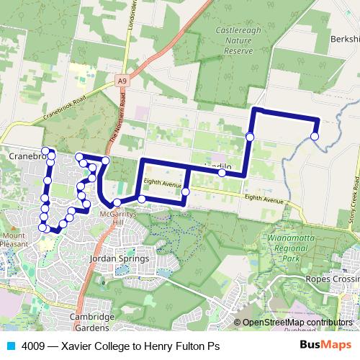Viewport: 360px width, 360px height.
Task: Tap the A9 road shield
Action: click(x=123, y=81)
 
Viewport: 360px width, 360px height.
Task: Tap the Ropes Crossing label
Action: click(x=332, y=279)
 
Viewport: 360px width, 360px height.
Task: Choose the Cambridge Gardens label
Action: click(x=92, y=322)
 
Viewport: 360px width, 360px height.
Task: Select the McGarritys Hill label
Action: click(x=115, y=216)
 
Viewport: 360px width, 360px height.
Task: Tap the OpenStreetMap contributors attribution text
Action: click(x=298, y=323)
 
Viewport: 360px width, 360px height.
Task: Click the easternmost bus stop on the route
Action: click(x=315, y=135)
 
